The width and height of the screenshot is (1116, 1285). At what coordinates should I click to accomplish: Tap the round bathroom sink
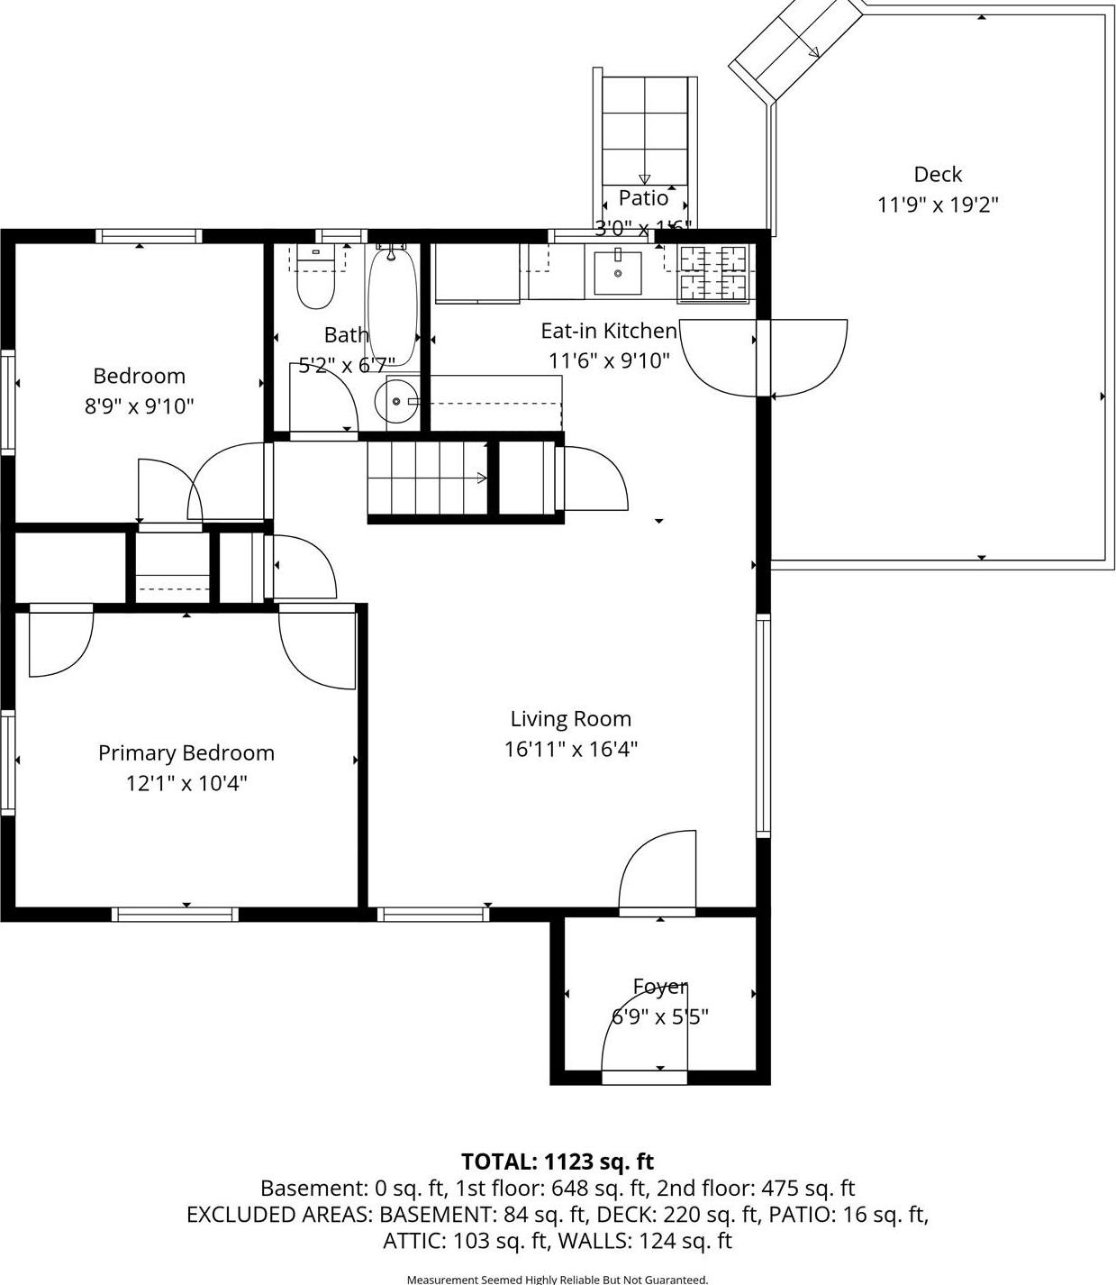click(396, 401)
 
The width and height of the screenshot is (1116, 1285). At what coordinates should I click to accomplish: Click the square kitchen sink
click(618, 273)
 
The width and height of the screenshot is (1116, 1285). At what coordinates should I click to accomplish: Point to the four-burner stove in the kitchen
click(714, 272)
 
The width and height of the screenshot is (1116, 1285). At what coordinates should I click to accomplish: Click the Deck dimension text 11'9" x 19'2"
click(938, 205)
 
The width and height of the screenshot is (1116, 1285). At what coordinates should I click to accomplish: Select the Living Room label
click(570, 718)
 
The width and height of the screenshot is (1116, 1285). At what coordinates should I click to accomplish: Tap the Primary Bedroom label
click(186, 752)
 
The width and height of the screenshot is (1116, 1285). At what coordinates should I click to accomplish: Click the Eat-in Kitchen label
click(608, 331)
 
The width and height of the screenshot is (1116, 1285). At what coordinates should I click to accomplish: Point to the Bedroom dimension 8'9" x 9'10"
click(139, 406)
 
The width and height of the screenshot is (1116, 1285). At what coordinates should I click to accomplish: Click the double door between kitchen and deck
click(764, 358)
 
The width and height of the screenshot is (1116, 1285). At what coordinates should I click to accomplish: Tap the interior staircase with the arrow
click(427, 478)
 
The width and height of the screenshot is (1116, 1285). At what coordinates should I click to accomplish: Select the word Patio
click(643, 198)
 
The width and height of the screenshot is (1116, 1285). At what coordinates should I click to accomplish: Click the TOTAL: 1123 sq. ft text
click(558, 1162)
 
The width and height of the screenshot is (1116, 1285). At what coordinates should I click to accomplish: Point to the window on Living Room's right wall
click(763, 725)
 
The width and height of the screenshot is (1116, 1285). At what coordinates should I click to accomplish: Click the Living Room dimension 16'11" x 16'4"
click(570, 749)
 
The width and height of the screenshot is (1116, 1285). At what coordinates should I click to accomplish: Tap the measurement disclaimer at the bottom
click(558, 1279)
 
